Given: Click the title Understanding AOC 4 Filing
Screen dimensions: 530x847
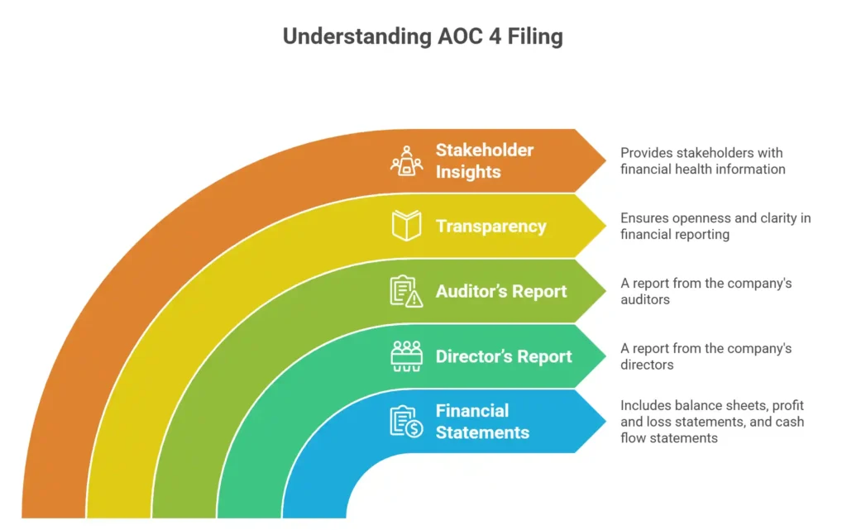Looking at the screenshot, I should [423, 37].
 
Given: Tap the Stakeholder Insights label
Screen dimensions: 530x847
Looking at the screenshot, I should [485, 161].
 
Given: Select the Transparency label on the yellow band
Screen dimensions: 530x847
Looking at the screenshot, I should [490, 226].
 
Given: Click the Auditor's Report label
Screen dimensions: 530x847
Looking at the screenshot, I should [501, 291].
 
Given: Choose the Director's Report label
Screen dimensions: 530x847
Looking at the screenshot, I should [504, 356].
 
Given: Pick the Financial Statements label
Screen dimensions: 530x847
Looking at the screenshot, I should [482, 421].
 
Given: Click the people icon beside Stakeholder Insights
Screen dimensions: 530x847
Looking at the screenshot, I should [406, 160].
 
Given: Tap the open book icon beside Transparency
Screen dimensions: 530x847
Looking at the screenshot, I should [406, 226].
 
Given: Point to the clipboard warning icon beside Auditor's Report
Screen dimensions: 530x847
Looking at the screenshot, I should [406, 291].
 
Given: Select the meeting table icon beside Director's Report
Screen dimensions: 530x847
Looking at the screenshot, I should [406, 356].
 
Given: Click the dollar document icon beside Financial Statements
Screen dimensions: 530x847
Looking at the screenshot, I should [406, 421].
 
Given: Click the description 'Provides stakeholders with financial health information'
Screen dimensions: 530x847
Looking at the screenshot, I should [702, 161].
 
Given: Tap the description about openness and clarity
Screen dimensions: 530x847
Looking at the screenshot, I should [715, 226].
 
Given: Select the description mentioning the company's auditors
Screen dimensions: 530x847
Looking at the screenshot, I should [706, 291].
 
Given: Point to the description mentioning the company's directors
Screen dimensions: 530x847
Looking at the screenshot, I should [706, 356].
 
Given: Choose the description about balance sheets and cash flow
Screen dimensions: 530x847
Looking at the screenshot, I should [712, 421].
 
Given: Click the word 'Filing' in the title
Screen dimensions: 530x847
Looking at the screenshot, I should [536, 37].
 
